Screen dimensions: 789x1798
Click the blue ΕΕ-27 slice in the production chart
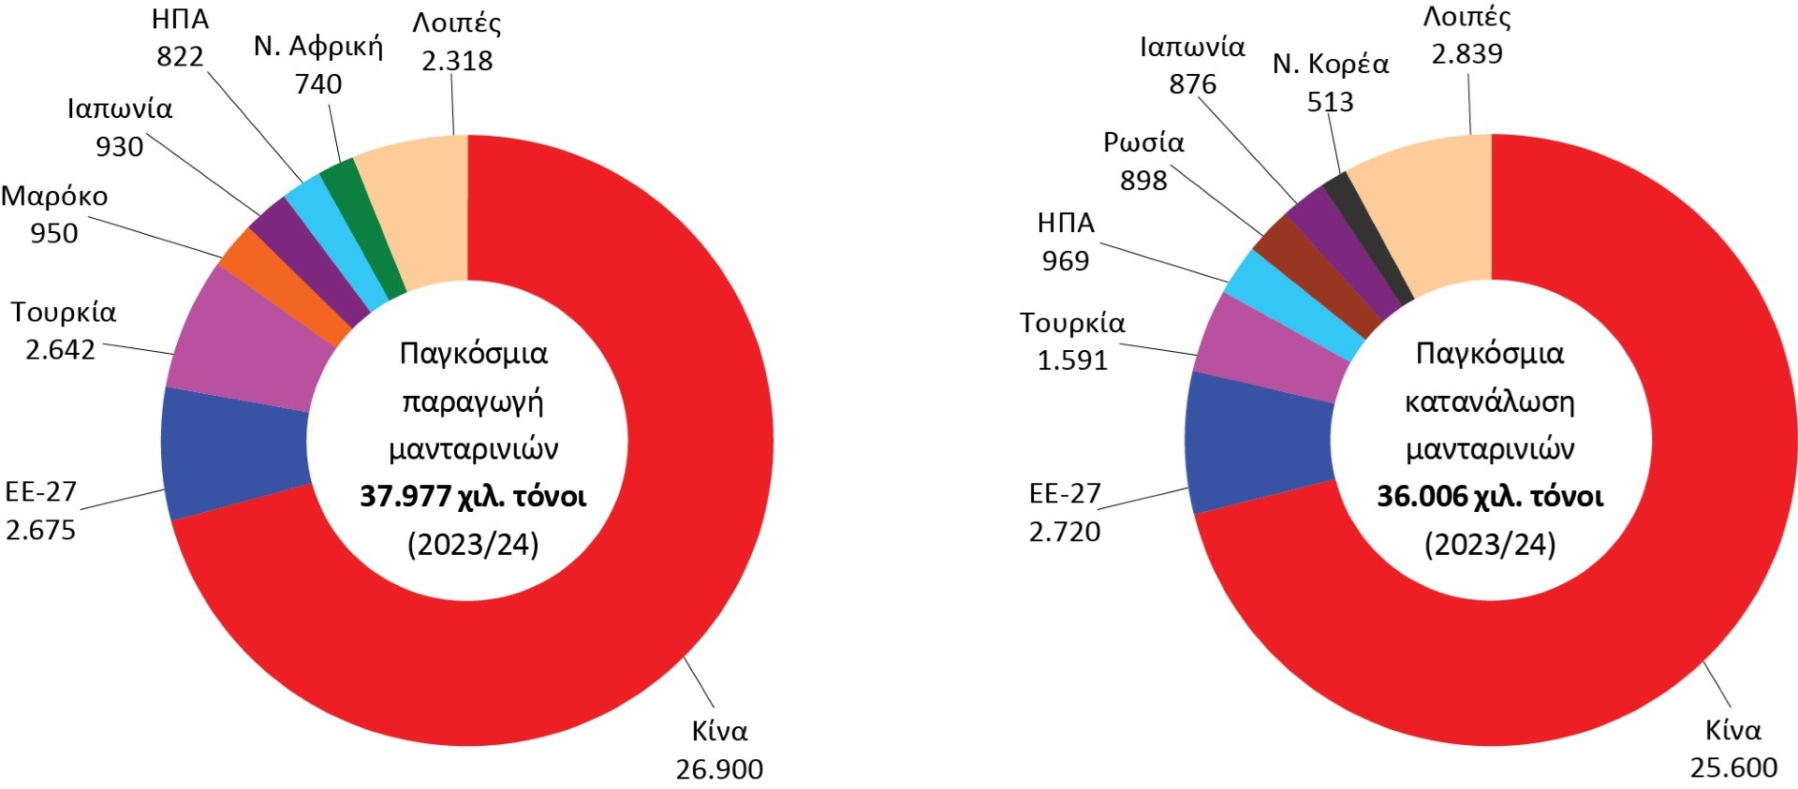(234, 452)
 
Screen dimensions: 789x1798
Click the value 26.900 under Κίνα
(719, 768)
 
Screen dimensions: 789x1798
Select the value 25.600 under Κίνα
(1733, 767)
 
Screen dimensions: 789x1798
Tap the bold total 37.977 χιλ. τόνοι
(473, 496)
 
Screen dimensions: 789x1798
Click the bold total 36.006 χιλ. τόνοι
(1489, 496)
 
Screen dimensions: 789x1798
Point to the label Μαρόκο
(54, 197)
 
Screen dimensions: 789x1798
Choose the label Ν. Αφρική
(318, 46)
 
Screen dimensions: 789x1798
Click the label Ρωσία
(1143, 142)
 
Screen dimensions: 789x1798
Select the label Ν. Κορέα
(1330, 64)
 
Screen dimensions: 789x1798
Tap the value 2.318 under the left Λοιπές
(457, 61)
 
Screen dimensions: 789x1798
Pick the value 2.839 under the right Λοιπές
(1466, 54)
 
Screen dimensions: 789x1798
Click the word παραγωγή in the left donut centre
(473, 401)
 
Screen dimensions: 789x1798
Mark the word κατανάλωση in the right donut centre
(1489, 402)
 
